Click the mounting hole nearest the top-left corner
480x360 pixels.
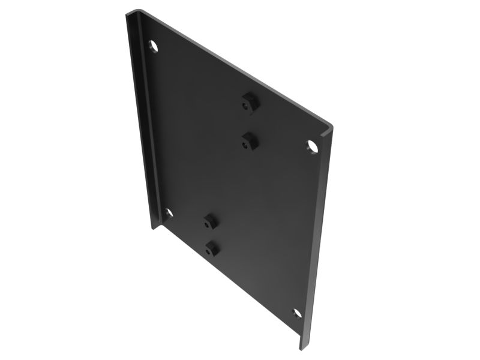(x=154, y=46)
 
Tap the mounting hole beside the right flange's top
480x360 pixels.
(x=312, y=145)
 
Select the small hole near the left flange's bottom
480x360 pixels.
(x=169, y=212)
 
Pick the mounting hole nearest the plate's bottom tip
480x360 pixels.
(x=296, y=313)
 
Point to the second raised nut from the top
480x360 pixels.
(x=249, y=141)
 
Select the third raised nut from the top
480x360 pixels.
(x=209, y=221)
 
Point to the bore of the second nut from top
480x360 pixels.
(x=246, y=144)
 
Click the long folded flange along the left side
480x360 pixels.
(x=142, y=120)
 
